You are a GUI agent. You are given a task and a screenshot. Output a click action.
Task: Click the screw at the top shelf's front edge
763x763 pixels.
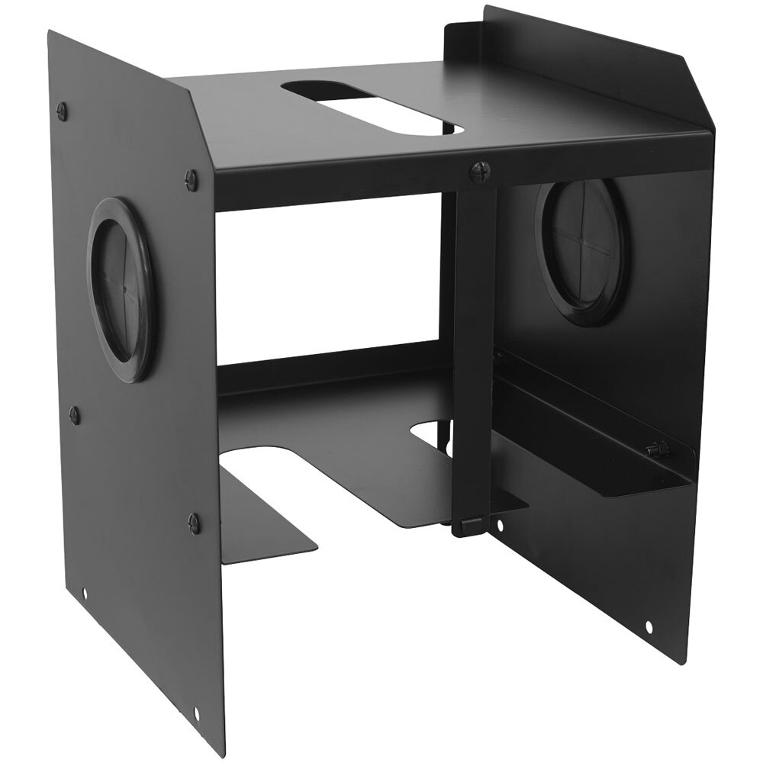[478, 169]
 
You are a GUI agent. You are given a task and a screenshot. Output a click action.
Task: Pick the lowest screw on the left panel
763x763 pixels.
[194, 523]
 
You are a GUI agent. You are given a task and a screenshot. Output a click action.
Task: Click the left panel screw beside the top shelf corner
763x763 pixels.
[191, 179]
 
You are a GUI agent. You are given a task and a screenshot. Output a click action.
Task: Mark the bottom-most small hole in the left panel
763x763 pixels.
[197, 713]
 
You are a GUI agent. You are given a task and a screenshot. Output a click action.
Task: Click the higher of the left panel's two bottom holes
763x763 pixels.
[85, 594]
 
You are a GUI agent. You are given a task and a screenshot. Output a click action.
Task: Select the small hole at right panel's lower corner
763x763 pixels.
[649, 626]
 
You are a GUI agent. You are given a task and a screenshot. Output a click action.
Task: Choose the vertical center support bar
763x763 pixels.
[474, 343]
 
